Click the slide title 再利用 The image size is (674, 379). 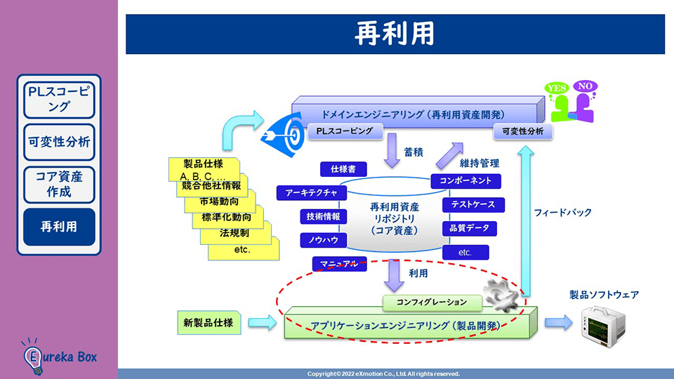(395, 33)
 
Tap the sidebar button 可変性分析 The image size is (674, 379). (59, 141)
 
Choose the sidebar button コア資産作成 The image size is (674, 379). (59, 184)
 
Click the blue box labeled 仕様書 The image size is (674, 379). (343, 169)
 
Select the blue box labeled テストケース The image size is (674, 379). (473, 205)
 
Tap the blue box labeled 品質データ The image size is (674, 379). (469, 229)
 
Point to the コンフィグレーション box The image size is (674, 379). (432, 302)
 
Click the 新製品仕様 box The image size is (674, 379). (209, 323)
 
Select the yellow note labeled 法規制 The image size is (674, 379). (234, 232)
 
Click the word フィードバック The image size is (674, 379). (562, 212)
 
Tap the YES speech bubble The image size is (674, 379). (557, 88)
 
